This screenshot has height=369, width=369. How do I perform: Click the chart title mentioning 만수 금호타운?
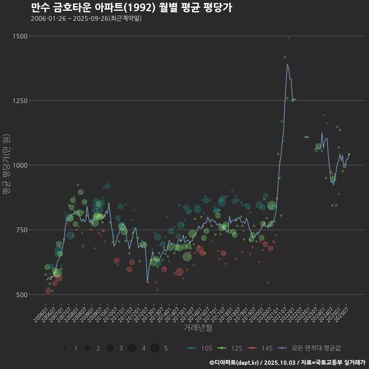pos(131,8)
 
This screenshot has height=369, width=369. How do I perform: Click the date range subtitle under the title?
pos(86,18)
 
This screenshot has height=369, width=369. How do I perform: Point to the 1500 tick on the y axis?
pos(20,36)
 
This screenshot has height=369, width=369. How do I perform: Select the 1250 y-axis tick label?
pos(20,101)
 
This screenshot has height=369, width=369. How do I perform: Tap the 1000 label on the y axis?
pos(20,165)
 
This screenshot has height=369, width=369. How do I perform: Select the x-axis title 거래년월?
pos(198,327)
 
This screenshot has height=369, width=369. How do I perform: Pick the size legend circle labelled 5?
pos(155,348)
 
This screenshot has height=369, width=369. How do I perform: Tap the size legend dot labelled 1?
pos(65,348)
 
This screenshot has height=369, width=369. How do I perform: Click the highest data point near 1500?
pos(288,38)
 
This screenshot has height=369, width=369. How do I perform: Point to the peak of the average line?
pos(287,65)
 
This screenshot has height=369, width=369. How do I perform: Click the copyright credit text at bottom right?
pos(287,362)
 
